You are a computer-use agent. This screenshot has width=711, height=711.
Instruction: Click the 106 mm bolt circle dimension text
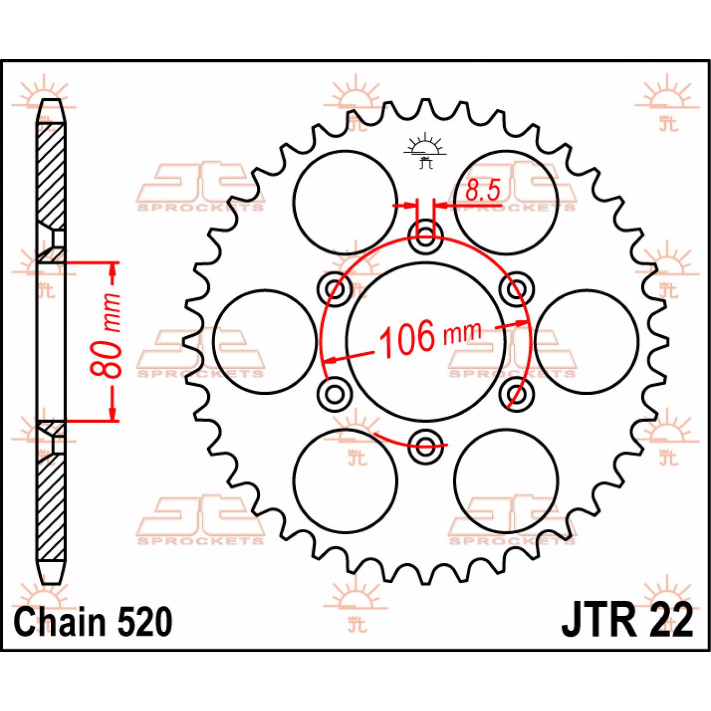pyautogui.click(x=430, y=337)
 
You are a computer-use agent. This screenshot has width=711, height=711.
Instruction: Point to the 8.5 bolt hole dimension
pyautogui.click(x=483, y=191)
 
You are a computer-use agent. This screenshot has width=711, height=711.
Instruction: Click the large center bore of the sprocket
pyautogui.click(x=426, y=341)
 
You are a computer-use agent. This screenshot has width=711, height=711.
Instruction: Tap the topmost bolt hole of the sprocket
pyautogui.click(x=426, y=235)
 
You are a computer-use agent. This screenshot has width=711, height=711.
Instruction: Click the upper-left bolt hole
pyautogui.click(x=335, y=288)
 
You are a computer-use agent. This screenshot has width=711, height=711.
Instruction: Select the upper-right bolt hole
pyautogui.click(x=517, y=288)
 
